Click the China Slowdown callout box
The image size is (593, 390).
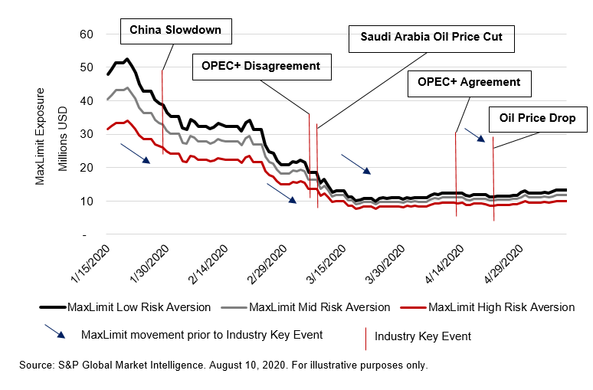pos(175,31)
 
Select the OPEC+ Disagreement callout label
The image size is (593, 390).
pos(261,66)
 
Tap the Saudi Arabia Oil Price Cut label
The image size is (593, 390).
pos(431,37)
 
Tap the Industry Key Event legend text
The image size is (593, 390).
pos(422,336)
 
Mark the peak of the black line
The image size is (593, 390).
pos(127,59)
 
